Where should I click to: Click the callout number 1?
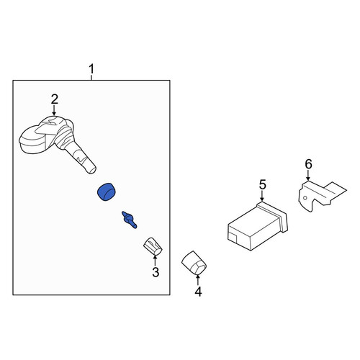tap(91, 69)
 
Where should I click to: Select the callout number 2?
tap(55, 99)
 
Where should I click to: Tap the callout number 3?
tap(156, 272)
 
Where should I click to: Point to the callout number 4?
tap(198, 292)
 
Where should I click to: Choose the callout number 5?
tap(263, 185)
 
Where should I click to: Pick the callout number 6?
tap(308, 164)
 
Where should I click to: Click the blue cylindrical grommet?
tap(107, 192)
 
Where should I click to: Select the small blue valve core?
tap(130, 220)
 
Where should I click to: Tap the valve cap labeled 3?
tap(153, 246)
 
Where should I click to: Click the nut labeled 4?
tap(194, 263)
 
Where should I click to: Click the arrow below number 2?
tap(54, 111)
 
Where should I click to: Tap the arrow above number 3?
tap(155, 261)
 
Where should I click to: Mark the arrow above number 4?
tap(198, 280)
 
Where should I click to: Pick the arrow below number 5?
tap(262, 197)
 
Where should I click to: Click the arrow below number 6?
tap(308, 176)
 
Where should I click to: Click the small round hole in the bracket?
tap(305, 198)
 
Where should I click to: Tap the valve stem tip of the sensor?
tap(92, 170)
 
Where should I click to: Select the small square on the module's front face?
tap(233, 236)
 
